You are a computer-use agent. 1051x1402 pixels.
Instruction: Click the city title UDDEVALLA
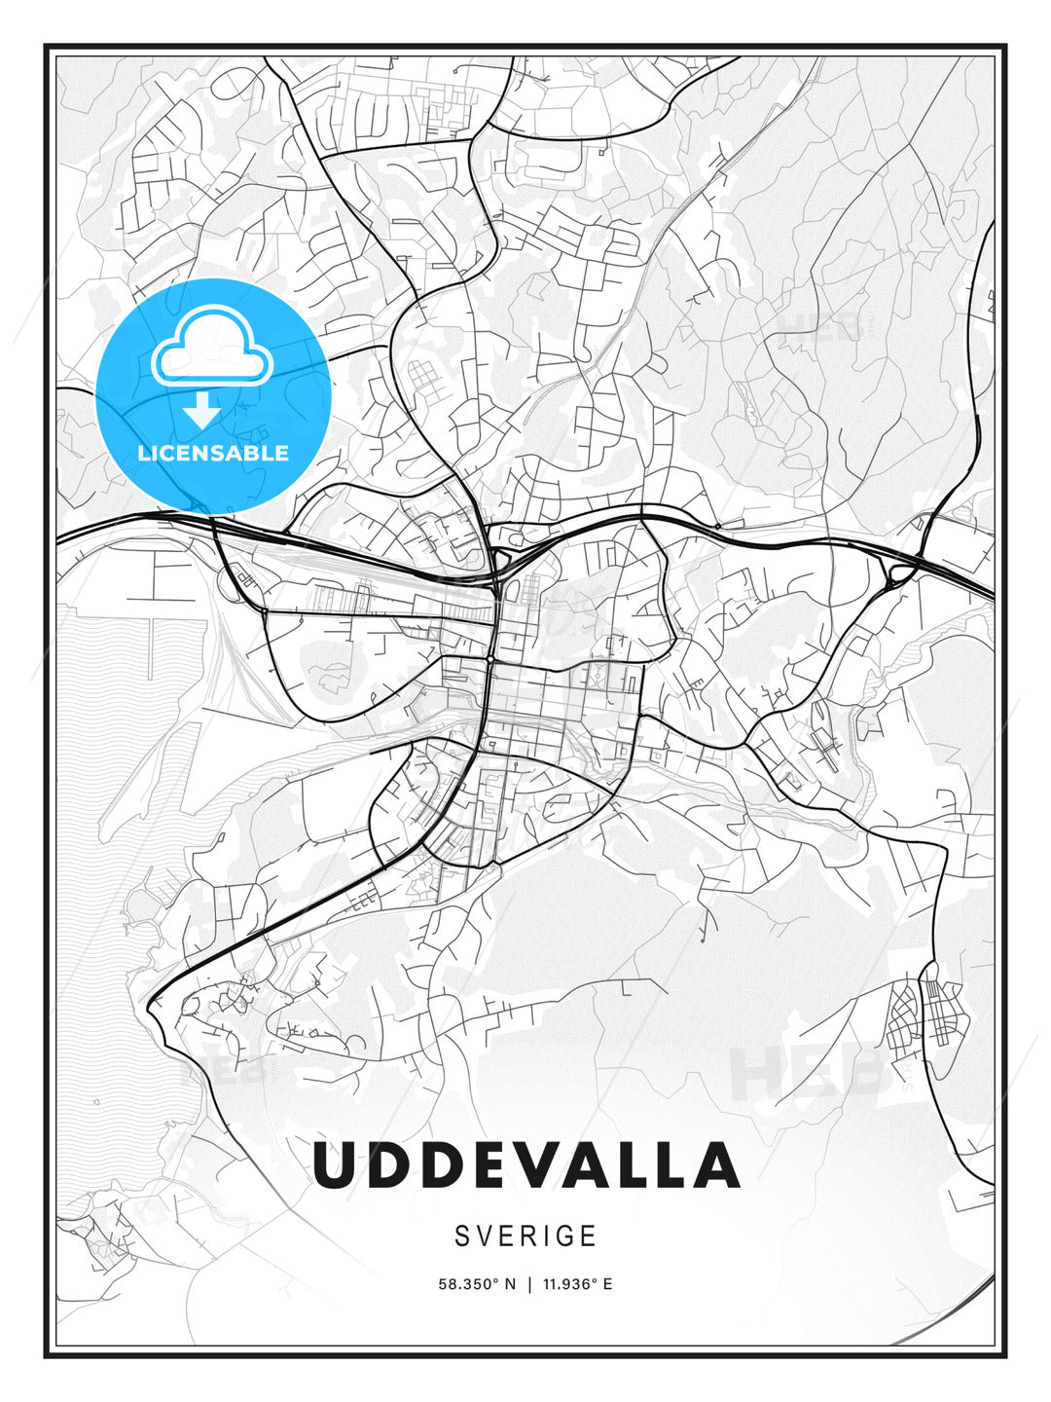point(525,1165)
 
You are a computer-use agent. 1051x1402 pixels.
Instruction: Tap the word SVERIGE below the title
point(525,1236)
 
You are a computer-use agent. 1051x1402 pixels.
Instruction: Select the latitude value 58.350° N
point(476,1284)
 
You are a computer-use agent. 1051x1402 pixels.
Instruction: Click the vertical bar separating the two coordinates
point(529,1284)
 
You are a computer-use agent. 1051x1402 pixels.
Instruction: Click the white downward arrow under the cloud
point(201,412)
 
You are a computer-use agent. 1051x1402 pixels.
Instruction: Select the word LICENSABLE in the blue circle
point(213,453)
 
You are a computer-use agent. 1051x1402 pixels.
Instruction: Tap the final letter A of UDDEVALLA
point(715,1165)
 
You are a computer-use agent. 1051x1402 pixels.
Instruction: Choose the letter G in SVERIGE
point(562,1236)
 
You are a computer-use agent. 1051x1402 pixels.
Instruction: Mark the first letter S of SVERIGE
point(462,1236)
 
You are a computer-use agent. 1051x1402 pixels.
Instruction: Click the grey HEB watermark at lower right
point(808,1071)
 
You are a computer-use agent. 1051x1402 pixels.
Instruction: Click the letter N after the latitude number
point(510,1284)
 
